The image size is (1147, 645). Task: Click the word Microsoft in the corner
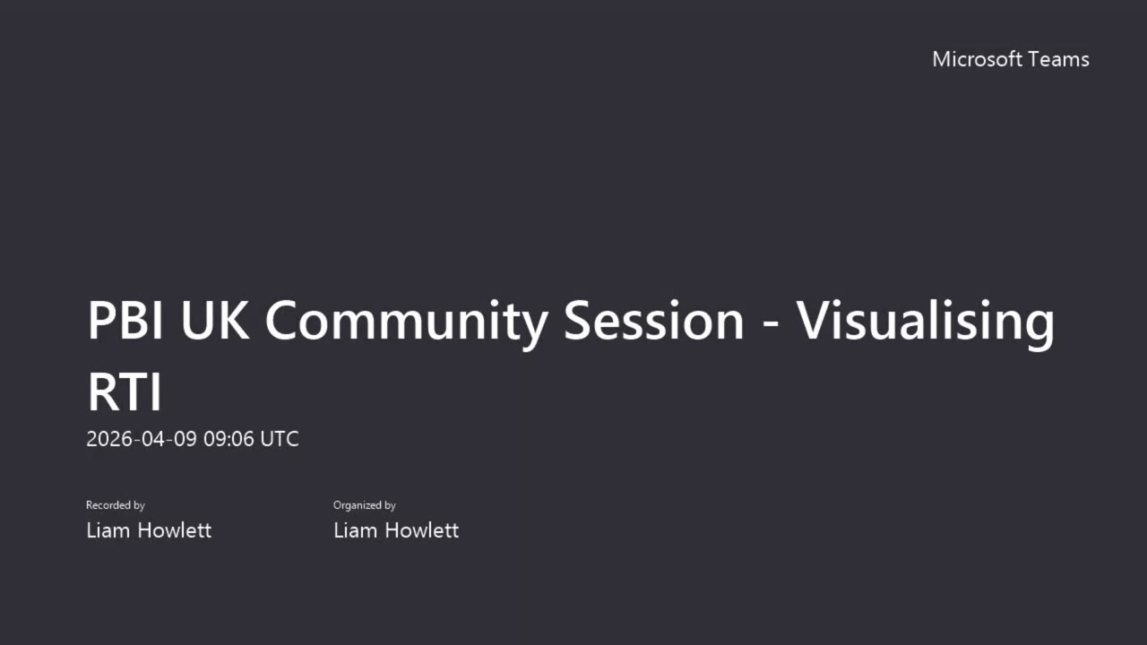978,59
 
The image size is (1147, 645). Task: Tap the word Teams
1059,59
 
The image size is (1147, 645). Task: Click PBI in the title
125,321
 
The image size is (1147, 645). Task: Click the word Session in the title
653,321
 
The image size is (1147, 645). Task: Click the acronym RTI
125,392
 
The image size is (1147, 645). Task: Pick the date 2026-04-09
142,439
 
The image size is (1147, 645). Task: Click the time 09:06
229,439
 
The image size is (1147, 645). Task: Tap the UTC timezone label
280,439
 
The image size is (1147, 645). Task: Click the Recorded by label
116,505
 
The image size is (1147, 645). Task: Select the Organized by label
364,505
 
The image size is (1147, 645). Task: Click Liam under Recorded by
108,530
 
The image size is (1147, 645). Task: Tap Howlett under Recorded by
175,530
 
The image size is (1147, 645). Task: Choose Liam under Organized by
356,530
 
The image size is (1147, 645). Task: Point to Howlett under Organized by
422,530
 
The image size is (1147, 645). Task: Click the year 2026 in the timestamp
109,439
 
